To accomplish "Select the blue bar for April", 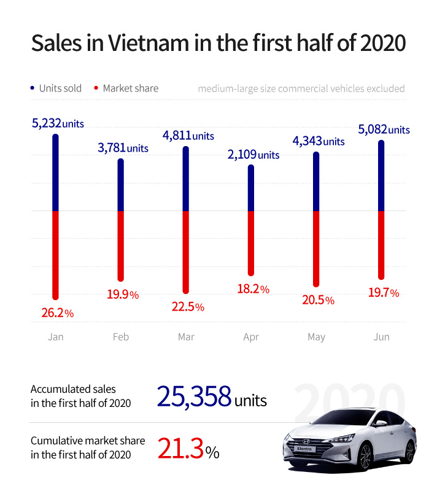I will tap(250, 188).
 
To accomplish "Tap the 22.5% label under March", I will tap(188, 306).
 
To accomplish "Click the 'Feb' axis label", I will tap(121, 337).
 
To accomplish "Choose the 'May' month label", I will tap(316, 337).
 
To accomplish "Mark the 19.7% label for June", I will tap(383, 293).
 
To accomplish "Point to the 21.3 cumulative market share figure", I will tap(180, 449).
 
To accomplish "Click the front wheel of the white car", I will tap(365, 456).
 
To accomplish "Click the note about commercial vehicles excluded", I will tap(301, 88).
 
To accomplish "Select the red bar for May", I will tap(316, 248).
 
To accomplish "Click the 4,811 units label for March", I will tap(188, 135).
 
